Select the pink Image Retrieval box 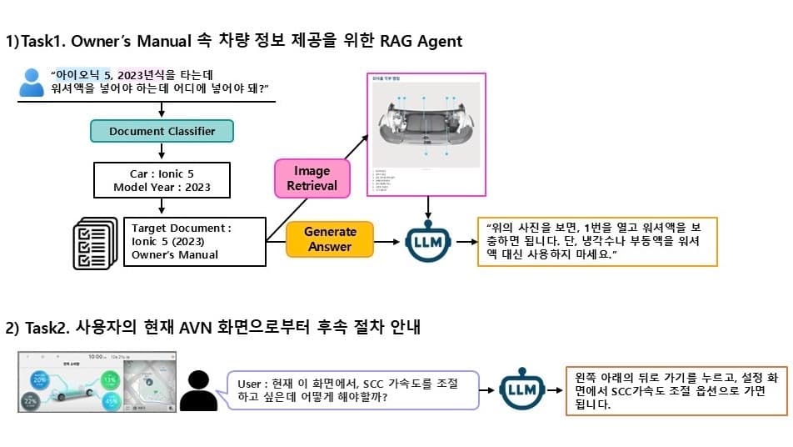311,178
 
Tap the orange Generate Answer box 330,238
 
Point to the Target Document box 195,241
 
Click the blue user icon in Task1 32,82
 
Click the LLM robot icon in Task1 426,241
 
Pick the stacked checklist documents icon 95,242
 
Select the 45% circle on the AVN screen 111,400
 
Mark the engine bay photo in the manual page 424,125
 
